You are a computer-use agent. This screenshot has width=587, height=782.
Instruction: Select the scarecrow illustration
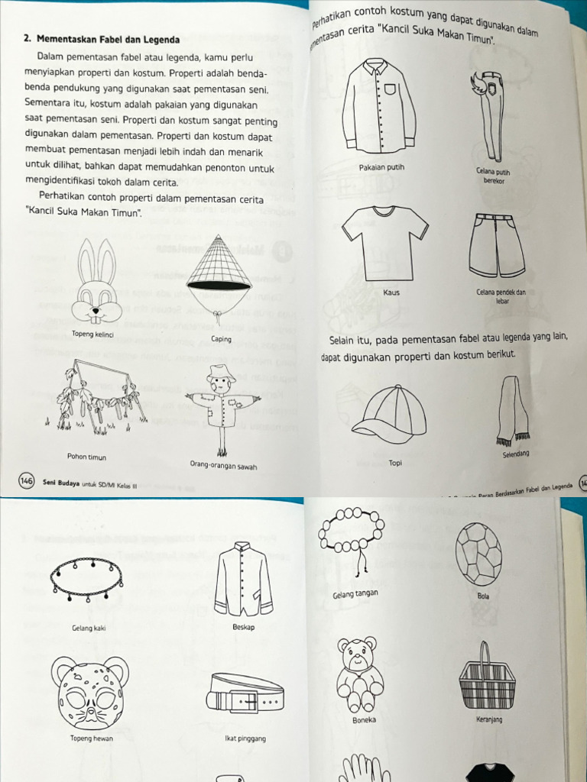tap(222, 405)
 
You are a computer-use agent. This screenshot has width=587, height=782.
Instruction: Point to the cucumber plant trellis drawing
tap(99, 397)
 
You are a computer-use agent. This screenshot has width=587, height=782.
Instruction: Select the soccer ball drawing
tap(478, 554)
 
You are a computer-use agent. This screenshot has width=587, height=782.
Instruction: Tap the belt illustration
tap(245, 693)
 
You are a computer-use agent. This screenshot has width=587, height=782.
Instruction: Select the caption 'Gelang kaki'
tap(88, 629)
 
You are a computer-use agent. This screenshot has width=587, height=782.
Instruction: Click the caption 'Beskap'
tap(243, 627)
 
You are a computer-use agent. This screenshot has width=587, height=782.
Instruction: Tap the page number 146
tap(26, 481)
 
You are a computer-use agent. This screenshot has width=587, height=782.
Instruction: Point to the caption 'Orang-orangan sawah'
tap(223, 465)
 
